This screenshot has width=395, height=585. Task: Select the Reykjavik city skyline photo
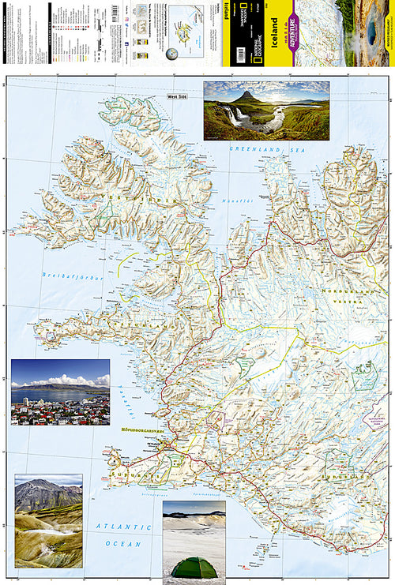coord(60,392)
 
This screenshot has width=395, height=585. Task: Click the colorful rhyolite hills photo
coord(48,520)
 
